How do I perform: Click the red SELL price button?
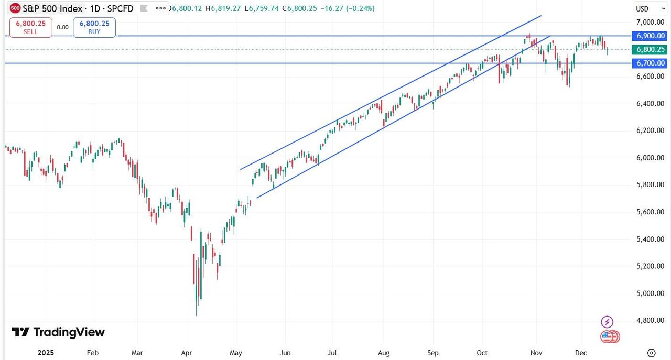pos(30,27)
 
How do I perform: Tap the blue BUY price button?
pos(94,27)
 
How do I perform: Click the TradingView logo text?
pos(58,332)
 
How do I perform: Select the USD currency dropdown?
pos(642,9)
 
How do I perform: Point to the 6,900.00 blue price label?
pos(650,36)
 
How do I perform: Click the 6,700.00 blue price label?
pos(650,63)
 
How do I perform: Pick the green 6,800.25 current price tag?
pos(650,49)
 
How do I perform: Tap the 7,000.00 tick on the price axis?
pos(650,22)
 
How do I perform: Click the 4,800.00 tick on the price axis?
pos(650,320)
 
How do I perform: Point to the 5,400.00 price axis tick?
pos(650,239)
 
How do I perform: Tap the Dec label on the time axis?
pos(580,353)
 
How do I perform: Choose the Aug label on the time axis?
pos(384,353)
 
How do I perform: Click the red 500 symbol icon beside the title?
pos(15,8)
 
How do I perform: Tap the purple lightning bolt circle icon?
pos(607,322)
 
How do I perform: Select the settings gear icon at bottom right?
pos(651,353)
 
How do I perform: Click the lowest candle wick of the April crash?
pos(197,314)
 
